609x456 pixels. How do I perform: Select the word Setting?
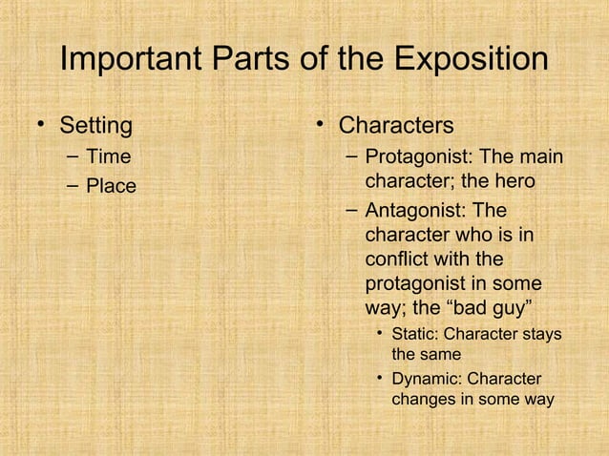coord(96,125)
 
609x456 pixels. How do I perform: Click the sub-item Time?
coord(109,156)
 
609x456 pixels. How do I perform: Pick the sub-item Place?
coord(112,186)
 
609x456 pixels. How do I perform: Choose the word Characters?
coord(396,125)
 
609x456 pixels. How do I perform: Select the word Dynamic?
coord(426,379)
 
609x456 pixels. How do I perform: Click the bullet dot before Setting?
coord(41,125)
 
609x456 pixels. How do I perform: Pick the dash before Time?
coord(73,156)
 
